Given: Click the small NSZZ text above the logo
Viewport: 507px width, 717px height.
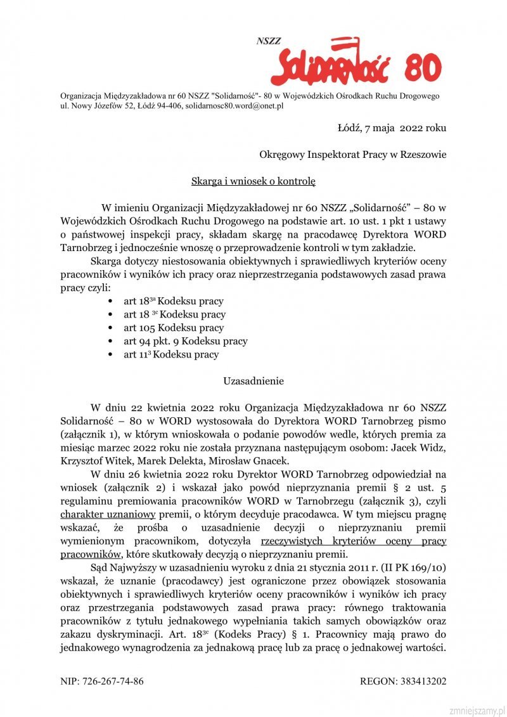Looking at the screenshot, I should coord(269,41).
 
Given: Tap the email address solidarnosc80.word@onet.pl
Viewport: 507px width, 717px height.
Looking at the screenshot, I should coord(234,106).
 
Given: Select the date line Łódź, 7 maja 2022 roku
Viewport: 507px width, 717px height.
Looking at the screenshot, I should coord(392,127).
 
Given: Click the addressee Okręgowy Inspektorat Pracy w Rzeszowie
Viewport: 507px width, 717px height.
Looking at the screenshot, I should coord(352,155).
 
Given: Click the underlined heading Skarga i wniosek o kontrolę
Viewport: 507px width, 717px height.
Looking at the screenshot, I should coord(253,181).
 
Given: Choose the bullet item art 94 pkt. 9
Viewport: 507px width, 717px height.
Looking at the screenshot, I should coord(185,341).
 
